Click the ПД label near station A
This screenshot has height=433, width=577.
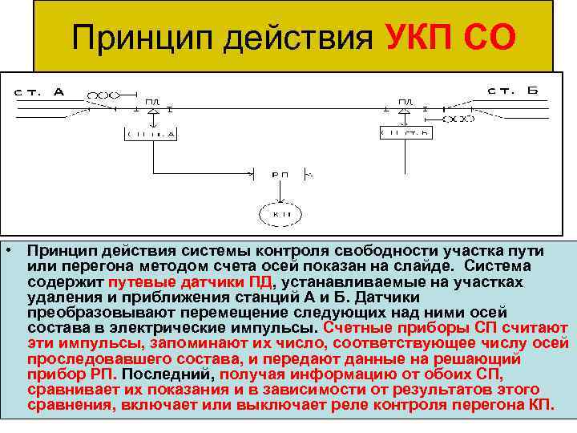pos(153,101)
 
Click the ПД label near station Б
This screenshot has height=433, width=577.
pos(406,101)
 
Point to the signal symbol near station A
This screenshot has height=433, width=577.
pos(101,94)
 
